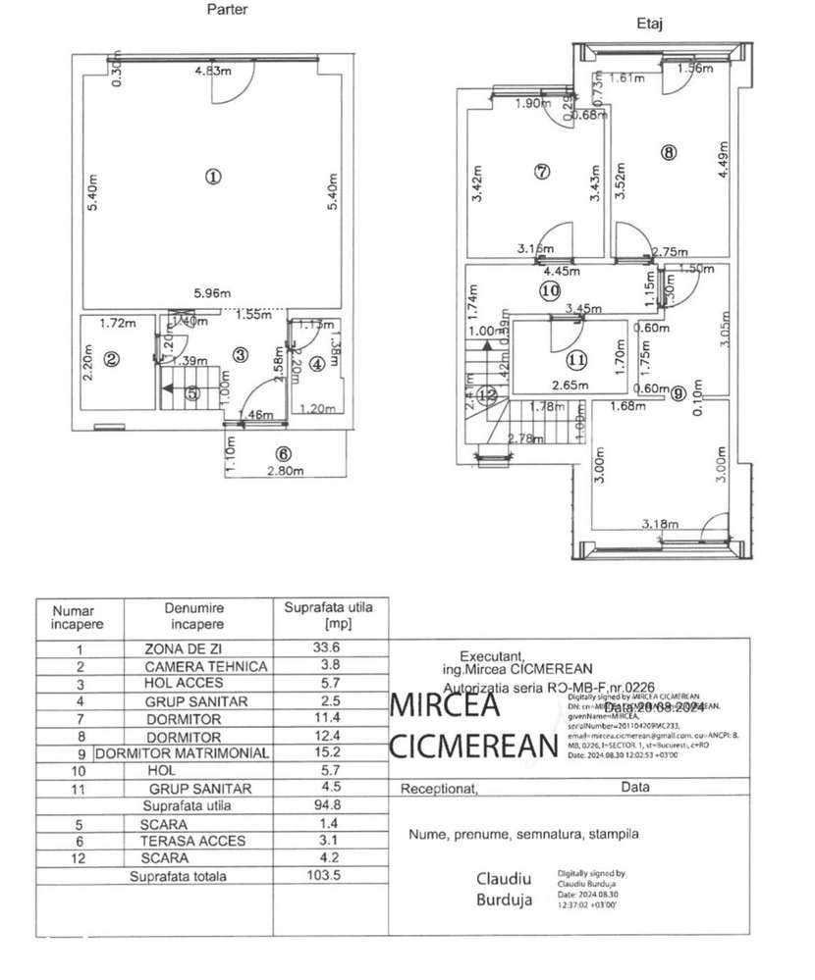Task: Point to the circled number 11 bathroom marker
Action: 575,358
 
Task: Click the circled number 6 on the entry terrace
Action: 284,453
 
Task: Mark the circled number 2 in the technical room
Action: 111,360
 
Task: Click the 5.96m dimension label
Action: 212,293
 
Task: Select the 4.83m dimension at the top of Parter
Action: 212,71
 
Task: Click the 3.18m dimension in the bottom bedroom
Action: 660,524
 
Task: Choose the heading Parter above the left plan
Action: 227,10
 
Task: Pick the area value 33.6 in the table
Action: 324,648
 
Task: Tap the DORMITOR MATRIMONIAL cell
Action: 182,753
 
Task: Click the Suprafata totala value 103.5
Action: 324,876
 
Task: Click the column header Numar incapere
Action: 79,616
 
